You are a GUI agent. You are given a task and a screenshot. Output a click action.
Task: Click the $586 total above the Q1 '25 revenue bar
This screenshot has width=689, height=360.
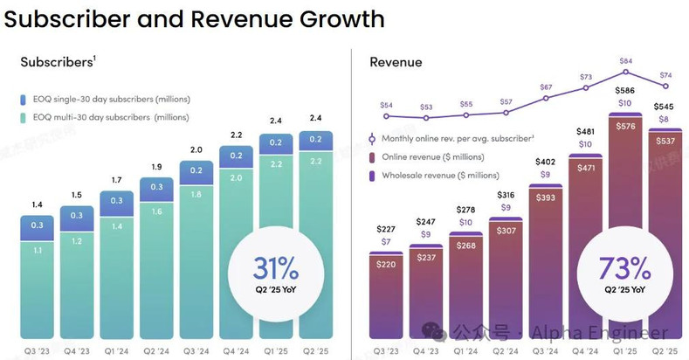pyautogui.click(x=624, y=90)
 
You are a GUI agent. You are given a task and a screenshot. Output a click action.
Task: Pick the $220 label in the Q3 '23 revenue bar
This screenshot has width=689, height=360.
pyautogui.click(x=386, y=263)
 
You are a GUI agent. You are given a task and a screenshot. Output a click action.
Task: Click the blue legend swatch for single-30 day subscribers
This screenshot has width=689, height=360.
pyautogui.click(x=26, y=99)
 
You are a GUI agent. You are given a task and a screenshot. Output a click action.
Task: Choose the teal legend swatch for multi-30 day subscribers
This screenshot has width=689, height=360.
pyautogui.click(x=26, y=117)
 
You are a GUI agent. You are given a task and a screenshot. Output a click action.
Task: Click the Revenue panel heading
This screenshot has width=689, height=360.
pyautogui.click(x=396, y=62)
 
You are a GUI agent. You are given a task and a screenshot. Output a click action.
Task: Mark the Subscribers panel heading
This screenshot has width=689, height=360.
pyautogui.click(x=56, y=62)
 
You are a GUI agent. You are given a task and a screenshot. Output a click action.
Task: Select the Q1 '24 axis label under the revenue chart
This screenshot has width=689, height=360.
pyautogui.click(x=465, y=351)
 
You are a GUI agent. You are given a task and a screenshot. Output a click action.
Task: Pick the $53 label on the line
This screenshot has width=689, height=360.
pyautogui.click(x=426, y=107)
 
